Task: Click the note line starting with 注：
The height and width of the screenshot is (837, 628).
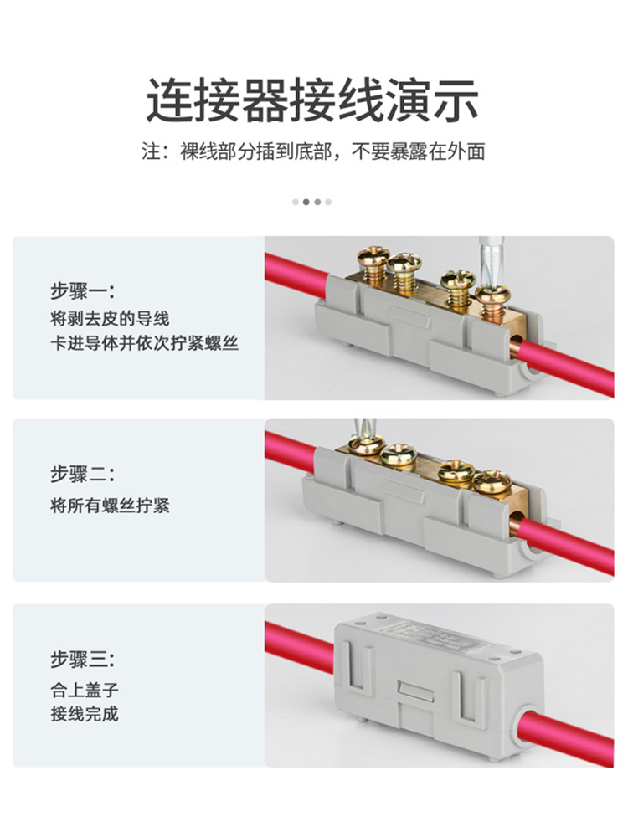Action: point(313,151)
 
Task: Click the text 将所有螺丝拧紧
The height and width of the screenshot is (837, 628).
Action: point(110,506)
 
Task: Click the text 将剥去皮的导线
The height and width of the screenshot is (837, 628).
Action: point(110,319)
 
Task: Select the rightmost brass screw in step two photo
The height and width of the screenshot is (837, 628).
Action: point(492,482)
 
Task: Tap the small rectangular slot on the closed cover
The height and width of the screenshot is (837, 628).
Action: point(416,691)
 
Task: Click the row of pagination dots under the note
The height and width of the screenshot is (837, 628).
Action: point(311,202)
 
